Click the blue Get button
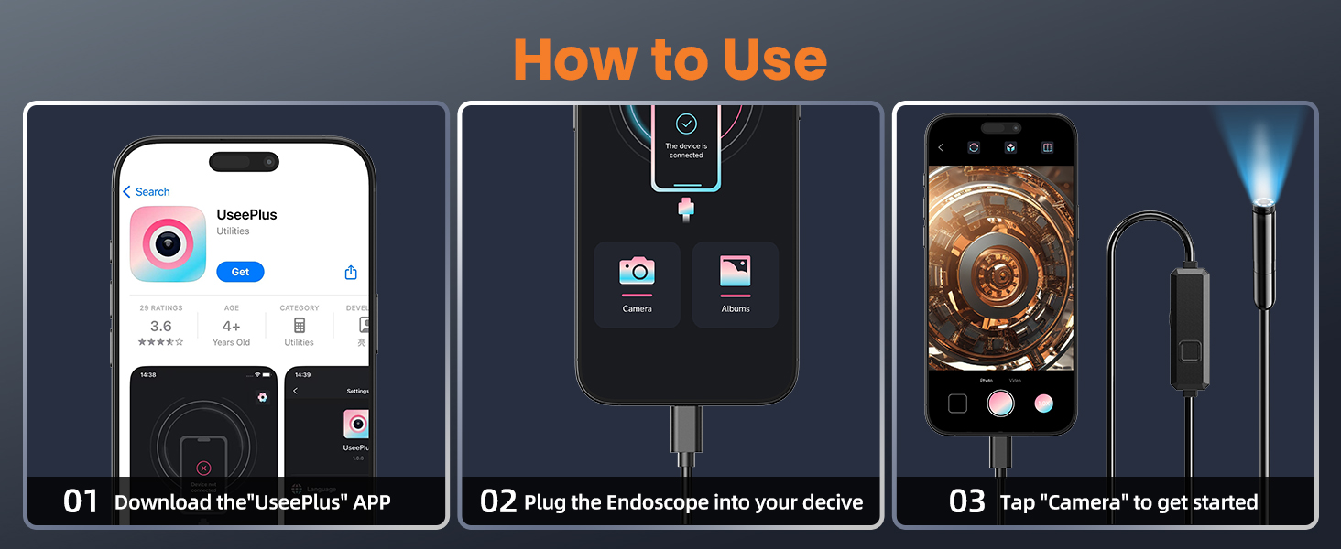[240, 272]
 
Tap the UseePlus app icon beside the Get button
[168, 243]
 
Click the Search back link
[147, 192]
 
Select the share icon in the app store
[351, 273]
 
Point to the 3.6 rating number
[160, 327]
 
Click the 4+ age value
[231, 327]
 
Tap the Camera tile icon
[637, 271]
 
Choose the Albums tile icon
[736, 271]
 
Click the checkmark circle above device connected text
[686, 124]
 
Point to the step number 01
[81, 501]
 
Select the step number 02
[498, 501]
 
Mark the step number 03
[967, 501]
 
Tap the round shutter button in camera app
[1000, 404]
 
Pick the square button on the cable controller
[1191, 351]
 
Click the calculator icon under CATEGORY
[300, 326]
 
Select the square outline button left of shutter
[957, 404]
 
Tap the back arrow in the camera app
[941, 147]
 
